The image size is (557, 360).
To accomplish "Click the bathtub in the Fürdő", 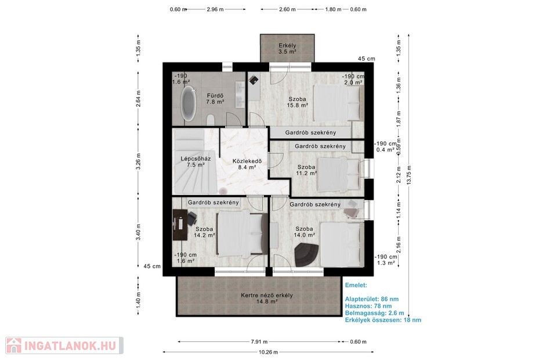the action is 188,104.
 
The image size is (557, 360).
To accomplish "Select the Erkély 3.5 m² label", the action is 287,49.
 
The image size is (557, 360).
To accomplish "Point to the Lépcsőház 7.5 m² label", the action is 196,161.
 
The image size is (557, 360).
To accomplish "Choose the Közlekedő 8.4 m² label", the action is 247,164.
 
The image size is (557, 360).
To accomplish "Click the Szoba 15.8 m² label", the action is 297,102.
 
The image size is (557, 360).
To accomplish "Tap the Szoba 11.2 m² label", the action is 306,170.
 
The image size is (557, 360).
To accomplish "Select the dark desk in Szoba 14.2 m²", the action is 180,225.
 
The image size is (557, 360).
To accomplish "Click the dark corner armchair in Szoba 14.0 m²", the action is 308,254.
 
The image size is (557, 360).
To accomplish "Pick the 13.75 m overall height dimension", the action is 409,175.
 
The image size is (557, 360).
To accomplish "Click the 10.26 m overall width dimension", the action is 268,352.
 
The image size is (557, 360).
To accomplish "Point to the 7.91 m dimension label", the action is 259,342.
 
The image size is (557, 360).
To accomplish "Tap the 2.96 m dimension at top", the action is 215,9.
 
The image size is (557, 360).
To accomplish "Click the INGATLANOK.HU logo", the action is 64,345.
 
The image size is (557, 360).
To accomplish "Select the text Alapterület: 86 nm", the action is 371,299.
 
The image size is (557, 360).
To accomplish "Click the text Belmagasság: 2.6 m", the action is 374,313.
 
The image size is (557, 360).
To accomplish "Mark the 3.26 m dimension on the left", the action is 138,161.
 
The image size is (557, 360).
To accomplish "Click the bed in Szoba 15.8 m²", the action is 337,103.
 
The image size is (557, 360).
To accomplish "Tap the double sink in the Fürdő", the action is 240,94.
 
